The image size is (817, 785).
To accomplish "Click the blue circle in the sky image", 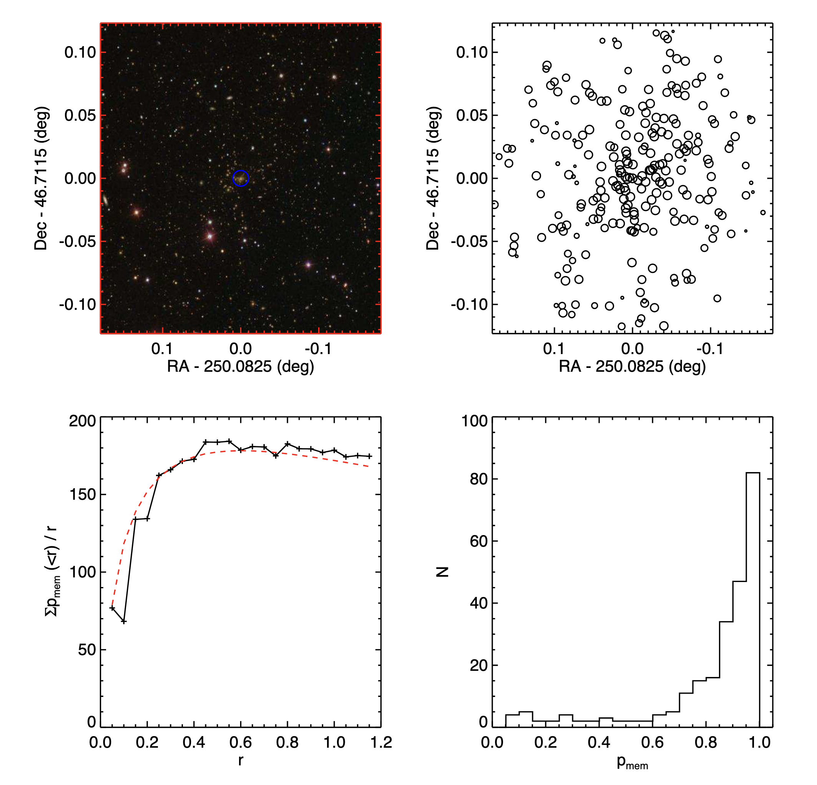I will pyautogui.click(x=241, y=178).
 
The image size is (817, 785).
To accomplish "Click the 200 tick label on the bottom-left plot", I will pyautogui.click(x=82, y=421).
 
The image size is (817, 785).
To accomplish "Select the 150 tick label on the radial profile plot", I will pyautogui.click(x=82, y=494).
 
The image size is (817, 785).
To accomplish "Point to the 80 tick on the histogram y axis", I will pyautogui.click(x=478, y=479).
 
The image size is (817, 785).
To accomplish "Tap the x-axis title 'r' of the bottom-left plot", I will pyautogui.click(x=241, y=760).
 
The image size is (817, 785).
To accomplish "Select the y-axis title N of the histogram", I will pyautogui.click(x=442, y=572).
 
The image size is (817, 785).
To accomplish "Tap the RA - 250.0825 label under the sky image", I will pyautogui.click(x=241, y=366).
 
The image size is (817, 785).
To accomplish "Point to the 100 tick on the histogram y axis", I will pyautogui.click(x=474, y=421).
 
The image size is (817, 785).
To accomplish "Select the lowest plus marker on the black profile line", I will pyautogui.click(x=124, y=622).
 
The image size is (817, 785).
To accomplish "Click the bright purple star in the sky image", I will pyautogui.click(x=308, y=264).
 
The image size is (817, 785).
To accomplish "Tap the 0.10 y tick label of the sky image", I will pyautogui.click(x=80, y=53).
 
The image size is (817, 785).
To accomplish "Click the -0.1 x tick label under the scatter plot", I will pyautogui.click(x=710, y=349).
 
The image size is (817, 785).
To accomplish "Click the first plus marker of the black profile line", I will pyautogui.click(x=112, y=608).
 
